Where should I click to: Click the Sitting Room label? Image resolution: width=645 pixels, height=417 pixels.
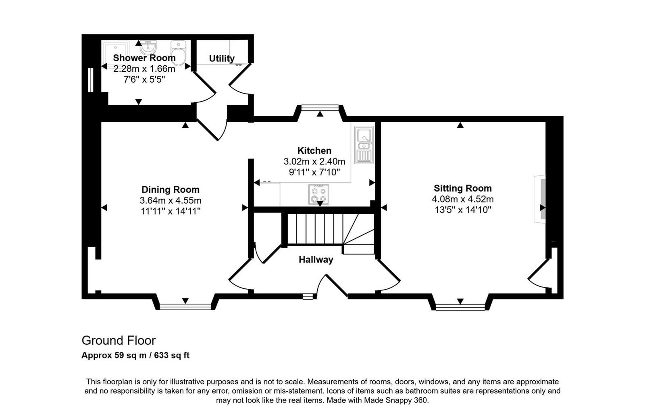click(x=462, y=188)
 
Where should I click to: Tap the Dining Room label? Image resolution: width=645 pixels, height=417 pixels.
click(x=170, y=190)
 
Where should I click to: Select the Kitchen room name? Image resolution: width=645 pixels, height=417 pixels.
click(x=314, y=151)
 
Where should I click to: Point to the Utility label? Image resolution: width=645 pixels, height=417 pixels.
click(x=221, y=58)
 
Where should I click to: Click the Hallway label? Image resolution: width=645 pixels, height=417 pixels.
click(x=316, y=260)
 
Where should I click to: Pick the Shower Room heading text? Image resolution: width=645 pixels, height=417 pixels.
click(x=144, y=58)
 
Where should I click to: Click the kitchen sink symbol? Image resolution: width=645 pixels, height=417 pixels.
click(x=364, y=144)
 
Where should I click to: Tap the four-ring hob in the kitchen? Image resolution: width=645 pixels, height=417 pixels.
click(x=318, y=194)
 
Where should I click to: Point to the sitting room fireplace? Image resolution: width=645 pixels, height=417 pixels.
click(x=539, y=199)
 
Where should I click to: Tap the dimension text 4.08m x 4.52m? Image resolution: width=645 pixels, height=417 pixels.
click(x=462, y=199)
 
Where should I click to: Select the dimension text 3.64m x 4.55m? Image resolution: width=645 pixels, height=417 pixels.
click(x=170, y=200)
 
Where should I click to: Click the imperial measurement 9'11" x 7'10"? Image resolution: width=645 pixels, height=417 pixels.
click(x=314, y=172)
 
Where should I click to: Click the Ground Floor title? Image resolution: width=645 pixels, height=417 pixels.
click(x=119, y=341)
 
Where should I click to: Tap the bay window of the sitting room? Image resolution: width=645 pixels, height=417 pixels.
click(x=460, y=307)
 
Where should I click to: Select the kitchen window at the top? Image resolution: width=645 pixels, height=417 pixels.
click(x=320, y=107)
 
